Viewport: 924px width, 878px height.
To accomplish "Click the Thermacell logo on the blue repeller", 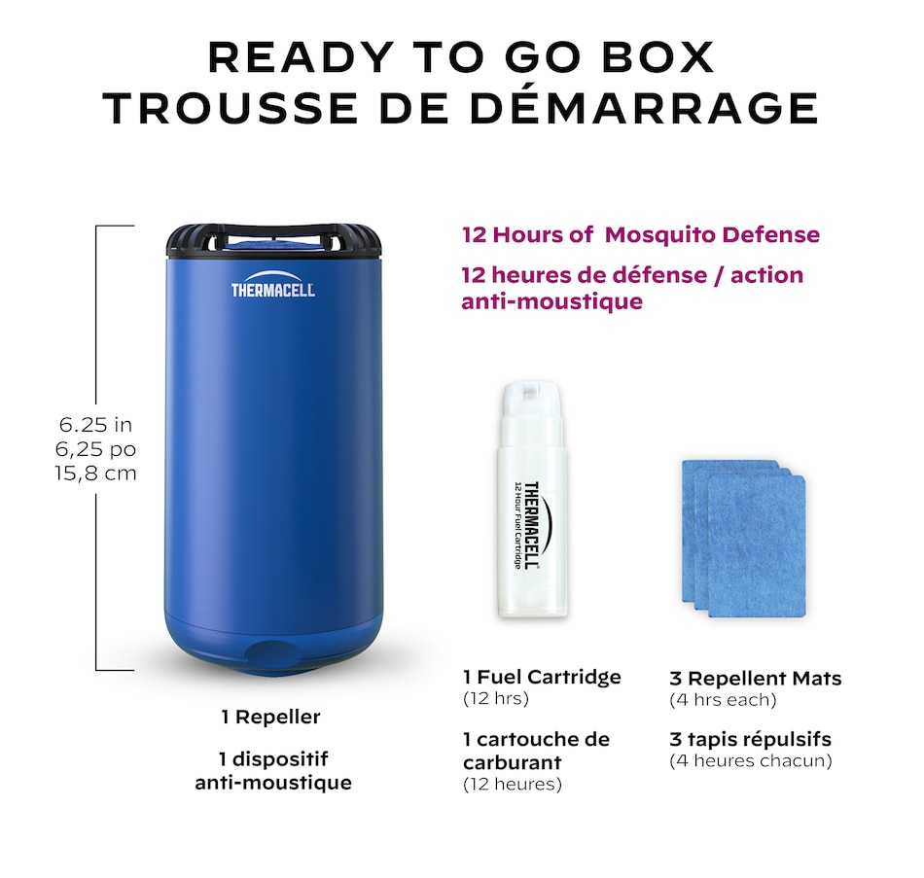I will point(272,288).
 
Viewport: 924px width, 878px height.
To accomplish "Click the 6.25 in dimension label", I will point(95,425).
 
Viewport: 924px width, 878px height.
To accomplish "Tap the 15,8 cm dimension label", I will point(95,474).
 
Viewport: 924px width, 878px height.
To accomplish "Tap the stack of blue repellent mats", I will point(744,540).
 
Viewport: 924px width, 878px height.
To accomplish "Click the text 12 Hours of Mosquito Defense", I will point(640,234).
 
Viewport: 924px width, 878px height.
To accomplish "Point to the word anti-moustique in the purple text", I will point(551,301).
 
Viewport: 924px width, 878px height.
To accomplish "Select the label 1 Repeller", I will point(270,718).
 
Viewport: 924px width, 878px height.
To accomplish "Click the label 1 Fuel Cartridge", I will point(542,677).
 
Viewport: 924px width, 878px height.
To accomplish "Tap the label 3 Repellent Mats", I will point(755,678).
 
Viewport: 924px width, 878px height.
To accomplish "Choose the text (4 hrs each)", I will point(723,699).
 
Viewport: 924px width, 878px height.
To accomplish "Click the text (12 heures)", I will point(513,784).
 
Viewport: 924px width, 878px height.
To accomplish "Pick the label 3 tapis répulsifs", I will point(750,739).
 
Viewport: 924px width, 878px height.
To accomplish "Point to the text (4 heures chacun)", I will point(750,760).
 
